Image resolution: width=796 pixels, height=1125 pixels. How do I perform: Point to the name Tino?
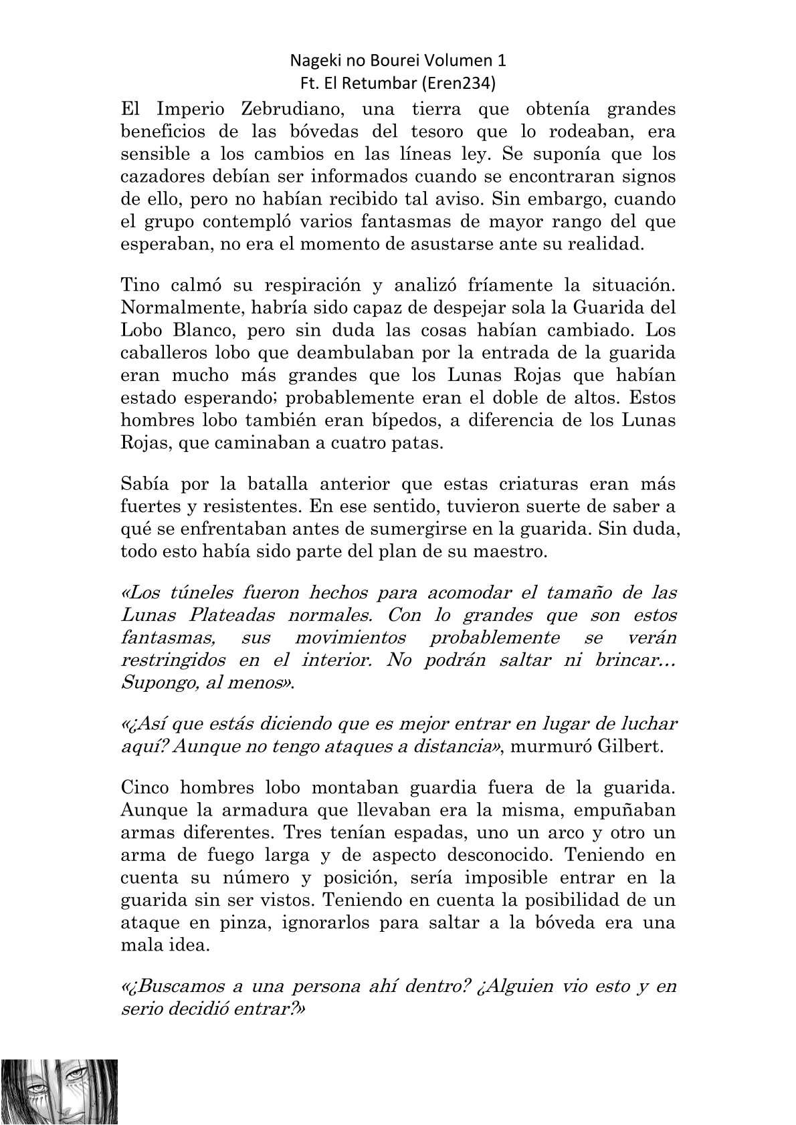coord(138,285)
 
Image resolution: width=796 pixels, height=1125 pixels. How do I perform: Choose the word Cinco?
coord(145,787)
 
